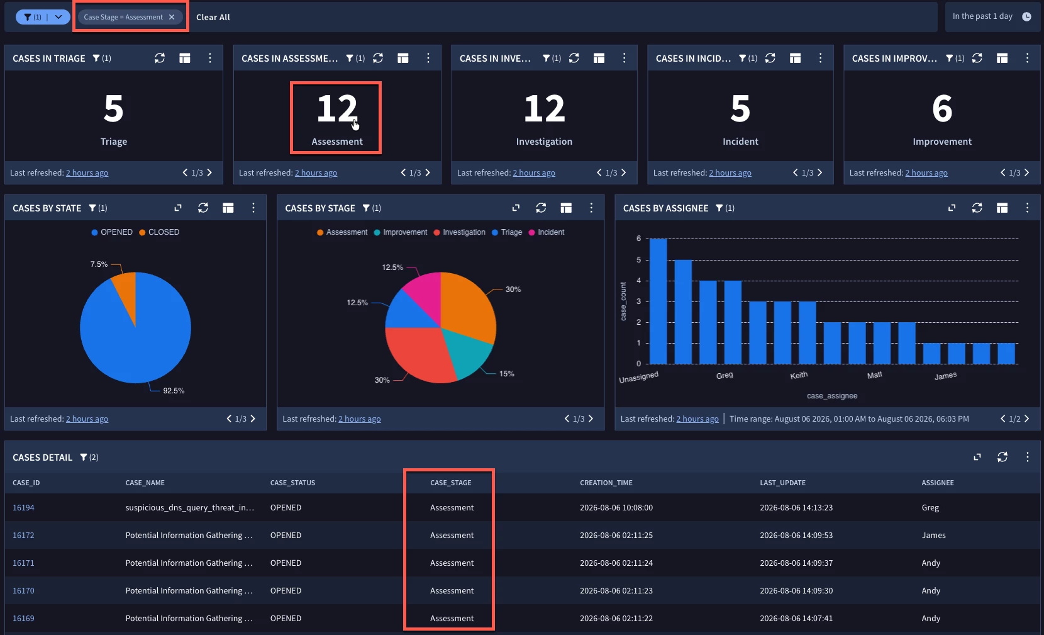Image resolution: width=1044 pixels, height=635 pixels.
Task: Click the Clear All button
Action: click(213, 17)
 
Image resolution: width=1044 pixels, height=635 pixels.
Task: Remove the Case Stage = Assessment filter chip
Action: click(172, 17)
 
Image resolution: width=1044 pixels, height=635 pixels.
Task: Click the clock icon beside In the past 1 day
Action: click(1027, 16)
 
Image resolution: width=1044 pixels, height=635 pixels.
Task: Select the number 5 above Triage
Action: click(114, 109)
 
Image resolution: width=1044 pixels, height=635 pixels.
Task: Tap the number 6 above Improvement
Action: click(942, 109)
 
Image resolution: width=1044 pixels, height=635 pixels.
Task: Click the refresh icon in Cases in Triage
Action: click(160, 58)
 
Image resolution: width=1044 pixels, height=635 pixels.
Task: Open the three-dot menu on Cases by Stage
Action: click(591, 208)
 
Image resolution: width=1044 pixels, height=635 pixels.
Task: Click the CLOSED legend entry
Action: click(159, 232)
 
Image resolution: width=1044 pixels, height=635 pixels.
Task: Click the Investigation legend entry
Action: click(460, 232)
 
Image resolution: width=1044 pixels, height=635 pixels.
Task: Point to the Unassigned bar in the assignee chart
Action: click(658, 301)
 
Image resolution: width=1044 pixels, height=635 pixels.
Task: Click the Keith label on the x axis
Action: click(799, 375)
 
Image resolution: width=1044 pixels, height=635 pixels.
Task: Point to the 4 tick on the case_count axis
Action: click(638, 281)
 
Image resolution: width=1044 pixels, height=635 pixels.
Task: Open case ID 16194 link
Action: click(23, 507)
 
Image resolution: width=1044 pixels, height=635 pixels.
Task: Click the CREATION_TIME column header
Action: click(606, 483)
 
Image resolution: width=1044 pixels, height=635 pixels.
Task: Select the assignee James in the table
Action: click(933, 535)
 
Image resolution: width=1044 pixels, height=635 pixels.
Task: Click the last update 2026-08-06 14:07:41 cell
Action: click(796, 618)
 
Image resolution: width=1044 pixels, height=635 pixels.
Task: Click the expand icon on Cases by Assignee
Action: click(952, 208)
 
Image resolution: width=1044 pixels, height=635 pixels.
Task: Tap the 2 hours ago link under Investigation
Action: click(534, 173)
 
